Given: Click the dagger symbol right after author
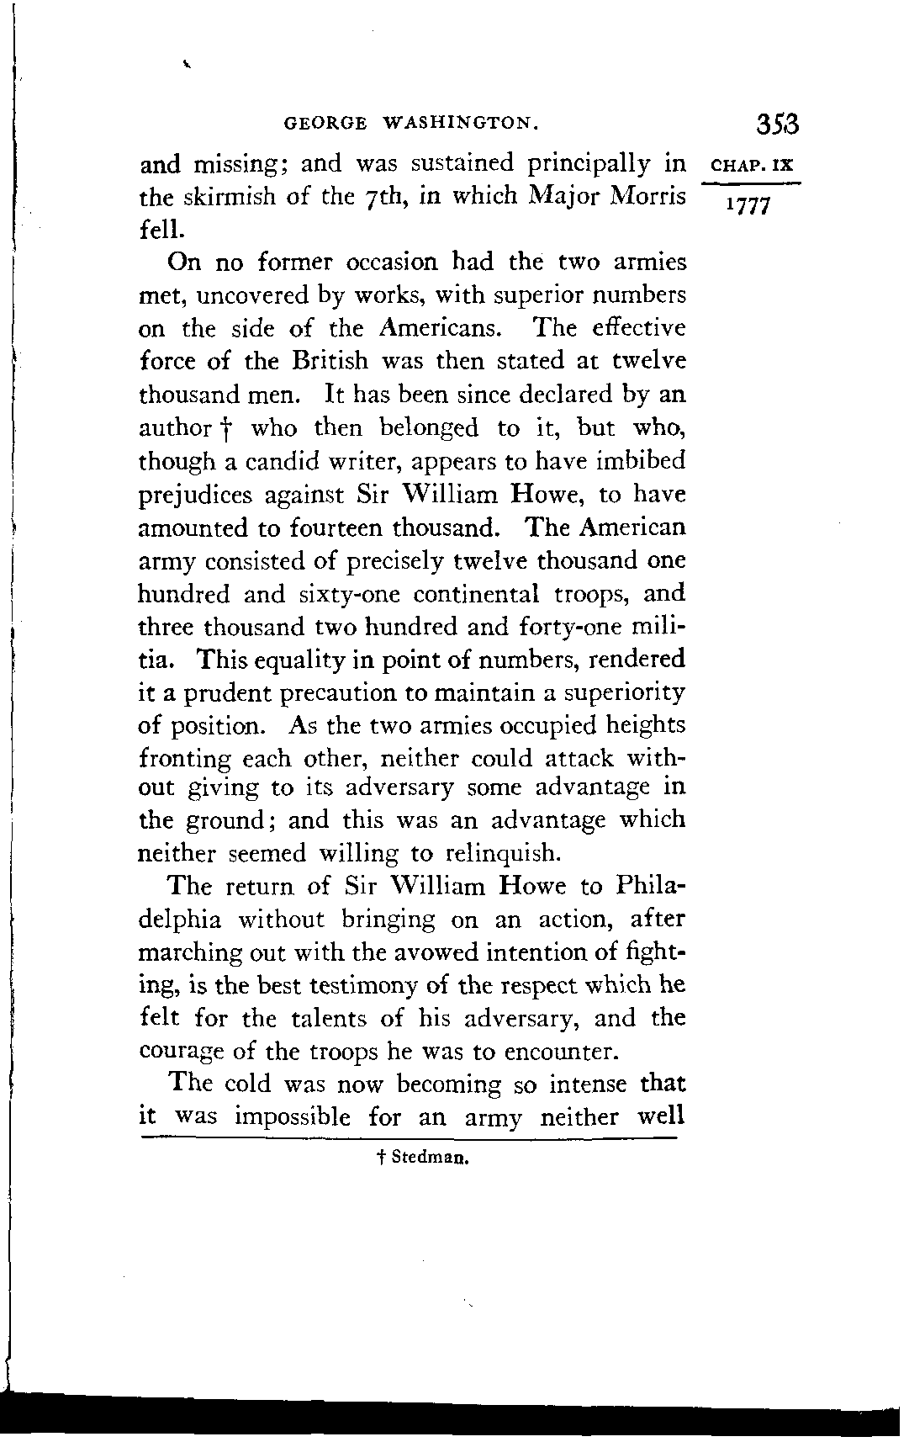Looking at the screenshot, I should [x=228, y=429].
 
